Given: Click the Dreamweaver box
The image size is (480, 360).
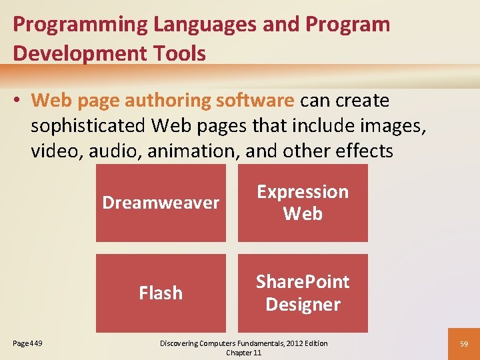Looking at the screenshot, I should (161, 203).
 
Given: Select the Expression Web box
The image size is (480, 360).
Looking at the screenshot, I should (303, 203).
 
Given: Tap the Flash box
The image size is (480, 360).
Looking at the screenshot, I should (161, 293).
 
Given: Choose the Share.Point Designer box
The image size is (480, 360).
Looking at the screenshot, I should (303, 293).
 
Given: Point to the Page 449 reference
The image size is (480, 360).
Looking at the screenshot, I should (27, 343).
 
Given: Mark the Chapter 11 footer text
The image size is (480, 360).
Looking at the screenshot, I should (244, 353).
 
